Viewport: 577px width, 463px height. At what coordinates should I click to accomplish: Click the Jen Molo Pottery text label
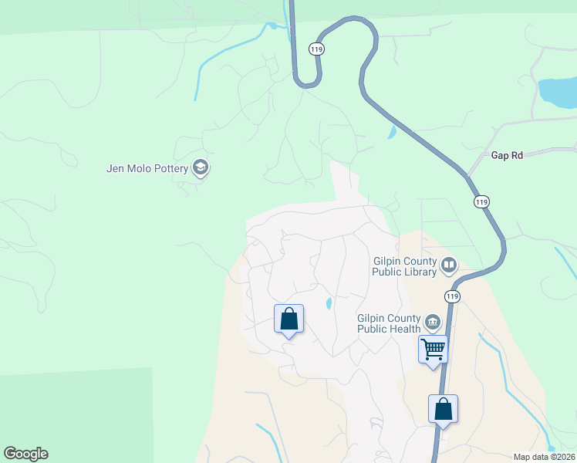[x=147, y=167]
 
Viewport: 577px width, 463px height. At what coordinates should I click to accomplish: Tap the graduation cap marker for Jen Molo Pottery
[x=201, y=167]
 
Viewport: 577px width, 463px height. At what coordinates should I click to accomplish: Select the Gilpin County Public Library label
[x=404, y=266]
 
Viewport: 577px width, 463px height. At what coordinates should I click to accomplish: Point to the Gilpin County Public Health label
[x=388, y=323]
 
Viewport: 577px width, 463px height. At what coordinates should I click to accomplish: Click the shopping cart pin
[x=433, y=349]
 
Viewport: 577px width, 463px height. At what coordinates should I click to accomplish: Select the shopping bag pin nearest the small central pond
[x=288, y=319]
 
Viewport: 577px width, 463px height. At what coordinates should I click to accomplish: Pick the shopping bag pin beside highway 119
[x=443, y=409]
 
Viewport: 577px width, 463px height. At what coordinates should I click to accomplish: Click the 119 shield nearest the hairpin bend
[x=316, y=49]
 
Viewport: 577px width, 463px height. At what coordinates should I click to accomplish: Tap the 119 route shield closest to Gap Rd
[x=481, y=202]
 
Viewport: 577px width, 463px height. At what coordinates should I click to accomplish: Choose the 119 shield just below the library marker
[x=451, y=296]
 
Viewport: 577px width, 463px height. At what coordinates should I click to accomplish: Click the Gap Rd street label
[x=507, y=155]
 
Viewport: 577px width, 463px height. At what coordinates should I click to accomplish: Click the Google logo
[x=25, y=454]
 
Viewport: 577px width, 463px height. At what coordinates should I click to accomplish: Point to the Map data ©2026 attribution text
[x=545, y=456]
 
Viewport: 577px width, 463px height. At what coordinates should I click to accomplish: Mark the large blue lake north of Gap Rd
[x=557, y=92]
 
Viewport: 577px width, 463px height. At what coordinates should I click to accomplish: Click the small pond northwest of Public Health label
[x=329, y=302]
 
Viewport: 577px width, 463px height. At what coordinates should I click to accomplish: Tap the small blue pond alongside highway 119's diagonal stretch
[x=392, y=132]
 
